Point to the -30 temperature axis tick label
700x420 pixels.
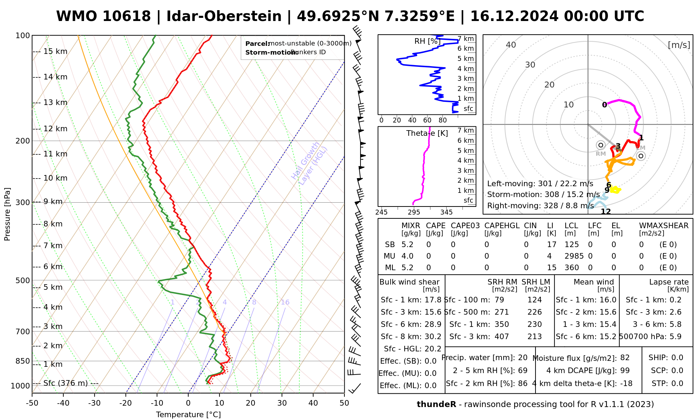pos(94,403)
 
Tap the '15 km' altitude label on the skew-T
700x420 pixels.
pos(55,51)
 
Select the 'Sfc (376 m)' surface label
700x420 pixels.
pos(65,383)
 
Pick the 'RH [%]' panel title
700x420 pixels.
pos(427,41)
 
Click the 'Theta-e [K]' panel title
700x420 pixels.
pos(427,133)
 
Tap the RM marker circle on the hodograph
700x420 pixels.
pos(601,145)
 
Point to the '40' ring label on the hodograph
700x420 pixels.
pos(511,45)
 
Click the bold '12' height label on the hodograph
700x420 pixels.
pos(605,211)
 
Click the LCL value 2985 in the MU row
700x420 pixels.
pos(574,256)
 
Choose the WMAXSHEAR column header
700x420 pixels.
pos(664,226)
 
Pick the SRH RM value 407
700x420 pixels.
pos(502,337)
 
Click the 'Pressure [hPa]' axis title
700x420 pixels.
pos(7,214)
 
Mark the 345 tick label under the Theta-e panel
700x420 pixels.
pos(446,212)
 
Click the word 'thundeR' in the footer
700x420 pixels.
pos(436,405)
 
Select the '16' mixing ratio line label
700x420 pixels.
pos(285,302)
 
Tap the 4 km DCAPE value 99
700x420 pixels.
pos(625,371)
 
